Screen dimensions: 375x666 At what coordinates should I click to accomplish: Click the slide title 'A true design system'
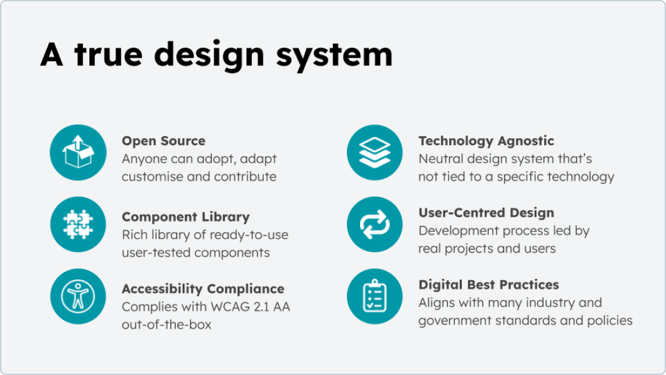[216, 55]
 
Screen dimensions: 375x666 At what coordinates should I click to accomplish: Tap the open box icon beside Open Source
[78, 153]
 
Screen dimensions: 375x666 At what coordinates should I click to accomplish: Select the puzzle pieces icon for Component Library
[78, 225]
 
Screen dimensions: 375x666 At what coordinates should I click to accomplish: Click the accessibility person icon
[78, 296]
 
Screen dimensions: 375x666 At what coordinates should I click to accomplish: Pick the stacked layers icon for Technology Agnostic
[374, 153]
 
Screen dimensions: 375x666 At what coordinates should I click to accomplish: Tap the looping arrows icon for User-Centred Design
[374, 225]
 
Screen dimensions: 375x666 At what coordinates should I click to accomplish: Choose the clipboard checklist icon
[374, 296]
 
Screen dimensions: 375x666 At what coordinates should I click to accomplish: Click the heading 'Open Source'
[163, 141]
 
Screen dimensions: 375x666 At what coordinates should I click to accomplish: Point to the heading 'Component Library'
[185, 217]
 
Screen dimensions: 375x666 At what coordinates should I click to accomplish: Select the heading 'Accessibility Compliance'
[203, 289]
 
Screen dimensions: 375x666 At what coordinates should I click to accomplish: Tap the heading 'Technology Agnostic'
[486, 141]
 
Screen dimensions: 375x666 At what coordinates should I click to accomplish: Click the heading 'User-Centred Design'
[486, 213]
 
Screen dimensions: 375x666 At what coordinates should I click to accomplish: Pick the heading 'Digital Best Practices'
[488, 285]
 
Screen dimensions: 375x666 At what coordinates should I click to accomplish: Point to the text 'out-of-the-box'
[166, 325]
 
